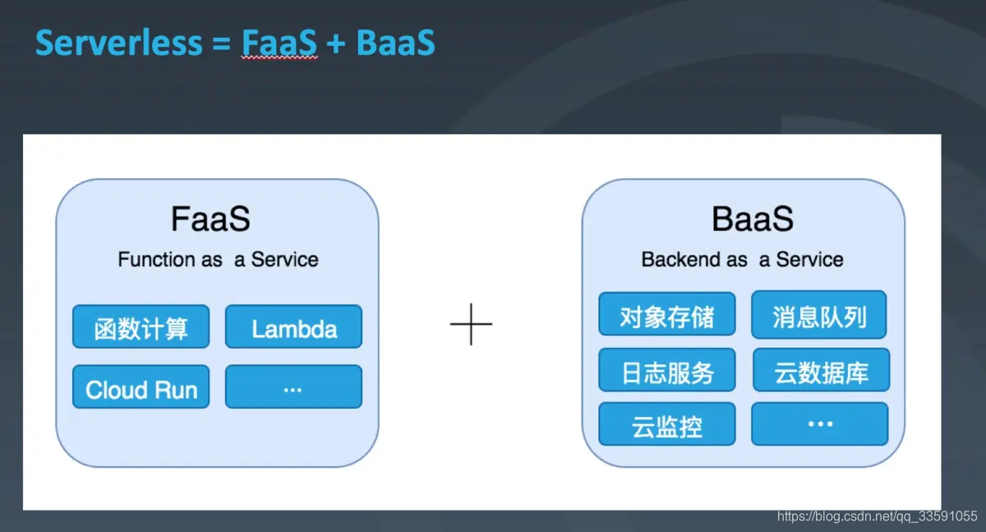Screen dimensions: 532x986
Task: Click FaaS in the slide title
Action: click(x=279, y=43)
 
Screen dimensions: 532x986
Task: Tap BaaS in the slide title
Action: click(x=395, y=43)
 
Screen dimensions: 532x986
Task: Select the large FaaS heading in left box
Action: click(x=210, y=220)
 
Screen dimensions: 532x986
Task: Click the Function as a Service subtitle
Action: click(x=218, y=260)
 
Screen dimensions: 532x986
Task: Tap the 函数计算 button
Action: click(x=141, y=327)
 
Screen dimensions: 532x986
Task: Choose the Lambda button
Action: click(x=293, y=327)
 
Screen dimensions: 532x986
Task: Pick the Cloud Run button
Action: click(x=141, y=387)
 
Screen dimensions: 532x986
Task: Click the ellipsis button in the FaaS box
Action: click(x=293, y=387)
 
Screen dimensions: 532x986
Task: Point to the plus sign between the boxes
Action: click(x=471, y=324)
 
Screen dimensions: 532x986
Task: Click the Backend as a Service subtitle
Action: click(x=742, y=260)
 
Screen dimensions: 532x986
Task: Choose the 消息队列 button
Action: click(x=819, y=315)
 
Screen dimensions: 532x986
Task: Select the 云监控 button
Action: click(x=666, y=424)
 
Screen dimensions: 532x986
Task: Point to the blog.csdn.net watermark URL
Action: click(x=877, y=516)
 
